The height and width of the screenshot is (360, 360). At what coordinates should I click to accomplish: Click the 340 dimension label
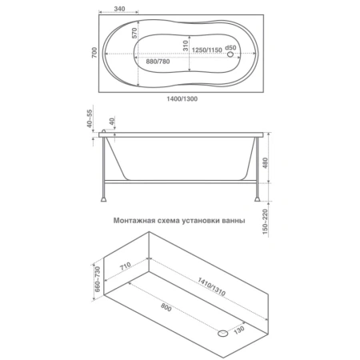(119, 9)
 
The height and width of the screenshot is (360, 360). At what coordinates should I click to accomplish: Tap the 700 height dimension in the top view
(94, 53)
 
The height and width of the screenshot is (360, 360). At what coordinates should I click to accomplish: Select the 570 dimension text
(134, 33)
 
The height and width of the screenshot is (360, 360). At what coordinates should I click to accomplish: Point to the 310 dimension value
(186, 46)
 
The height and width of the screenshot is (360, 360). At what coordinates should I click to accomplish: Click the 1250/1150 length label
(207, 50)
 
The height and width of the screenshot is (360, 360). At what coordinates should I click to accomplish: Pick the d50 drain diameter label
(230, 47)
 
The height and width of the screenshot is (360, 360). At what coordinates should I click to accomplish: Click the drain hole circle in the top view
(230, 54)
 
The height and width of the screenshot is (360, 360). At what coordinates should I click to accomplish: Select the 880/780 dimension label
(158, 62)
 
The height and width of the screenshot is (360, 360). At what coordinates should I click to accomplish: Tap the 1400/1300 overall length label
(182, 98)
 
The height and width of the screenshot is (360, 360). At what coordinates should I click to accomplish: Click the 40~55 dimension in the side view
(90, 118)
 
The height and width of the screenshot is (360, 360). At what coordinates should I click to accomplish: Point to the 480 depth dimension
(266, 163)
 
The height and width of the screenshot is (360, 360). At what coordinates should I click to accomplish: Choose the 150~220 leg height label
(265, 222)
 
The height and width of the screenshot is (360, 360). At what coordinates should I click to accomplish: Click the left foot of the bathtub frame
(103, 199)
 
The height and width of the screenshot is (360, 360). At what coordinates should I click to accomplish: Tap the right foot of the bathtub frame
(257, 199)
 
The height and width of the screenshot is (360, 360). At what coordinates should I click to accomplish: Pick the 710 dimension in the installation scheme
(125, 266)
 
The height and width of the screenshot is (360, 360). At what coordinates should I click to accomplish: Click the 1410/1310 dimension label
(211, 286)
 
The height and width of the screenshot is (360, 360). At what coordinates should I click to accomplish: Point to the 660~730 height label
(98, 278)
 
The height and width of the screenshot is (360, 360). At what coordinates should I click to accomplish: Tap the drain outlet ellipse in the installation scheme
(223, 333)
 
